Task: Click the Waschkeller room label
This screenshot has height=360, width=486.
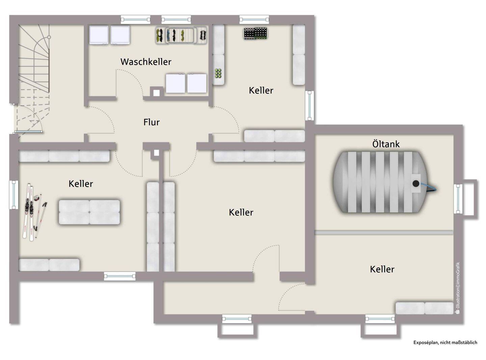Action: [x=146, y=61]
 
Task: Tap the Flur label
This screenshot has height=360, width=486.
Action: [x=152, y=122]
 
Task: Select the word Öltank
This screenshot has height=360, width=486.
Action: [x=386, y=144]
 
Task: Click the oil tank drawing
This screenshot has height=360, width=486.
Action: [x=381, y=182]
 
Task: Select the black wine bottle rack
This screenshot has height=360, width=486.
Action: [x=255, y=33]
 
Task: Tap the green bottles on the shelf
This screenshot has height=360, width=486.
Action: [x=218, y=73]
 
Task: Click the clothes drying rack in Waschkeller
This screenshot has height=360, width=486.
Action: [x=181, y=35]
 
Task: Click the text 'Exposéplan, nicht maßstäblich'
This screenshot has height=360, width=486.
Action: [x=445, y=342]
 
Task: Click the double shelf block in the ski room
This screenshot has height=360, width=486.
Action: [x=89, y=212]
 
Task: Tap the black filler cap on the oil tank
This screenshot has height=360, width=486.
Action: [x=416, y=183]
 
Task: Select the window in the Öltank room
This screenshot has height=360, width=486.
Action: [x=458, y=199]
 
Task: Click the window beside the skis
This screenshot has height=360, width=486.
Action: [x=14, y=195]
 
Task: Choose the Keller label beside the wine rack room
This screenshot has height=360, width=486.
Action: [x=261, y=90]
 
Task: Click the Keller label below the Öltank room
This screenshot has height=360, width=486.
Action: [x=382, y=269]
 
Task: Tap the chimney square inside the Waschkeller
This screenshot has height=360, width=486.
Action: [x=156, y=93]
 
